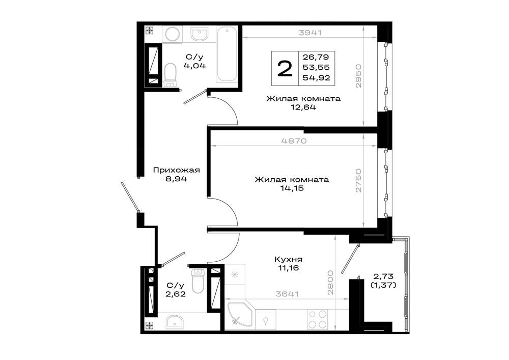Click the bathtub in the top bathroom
point(227,54)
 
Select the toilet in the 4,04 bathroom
point(170,75)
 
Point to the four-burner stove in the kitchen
point(318,319)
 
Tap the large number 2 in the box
point(285,69)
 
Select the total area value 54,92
point(316,78)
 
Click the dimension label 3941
point(310,33)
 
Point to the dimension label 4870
point(294,141)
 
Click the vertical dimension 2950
point(358,76)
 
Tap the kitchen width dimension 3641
point(287,294)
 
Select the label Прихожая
point(176,170)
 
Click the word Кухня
point(288,259)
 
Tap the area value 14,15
point(292,188)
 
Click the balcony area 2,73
point(383,276)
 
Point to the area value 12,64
point(303,107)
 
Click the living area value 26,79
point(316,57)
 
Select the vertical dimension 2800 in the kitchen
point(330,283)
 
